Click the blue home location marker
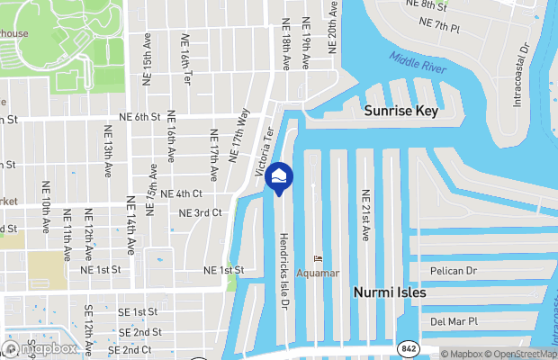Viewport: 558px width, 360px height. click(x=279, y=177)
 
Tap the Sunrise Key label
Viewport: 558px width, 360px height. click(x=400, y=111)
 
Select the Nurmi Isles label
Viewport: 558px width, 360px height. click(x=389, y=292)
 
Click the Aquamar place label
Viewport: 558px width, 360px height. click(x=319, y=273)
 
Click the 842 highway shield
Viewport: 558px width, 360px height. click(x=408, y=347)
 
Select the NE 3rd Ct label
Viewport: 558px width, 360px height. click(x=200, y=213)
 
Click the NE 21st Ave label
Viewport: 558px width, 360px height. click(x=365, y=215)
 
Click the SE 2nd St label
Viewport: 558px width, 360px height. click(x=139, y=332)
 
